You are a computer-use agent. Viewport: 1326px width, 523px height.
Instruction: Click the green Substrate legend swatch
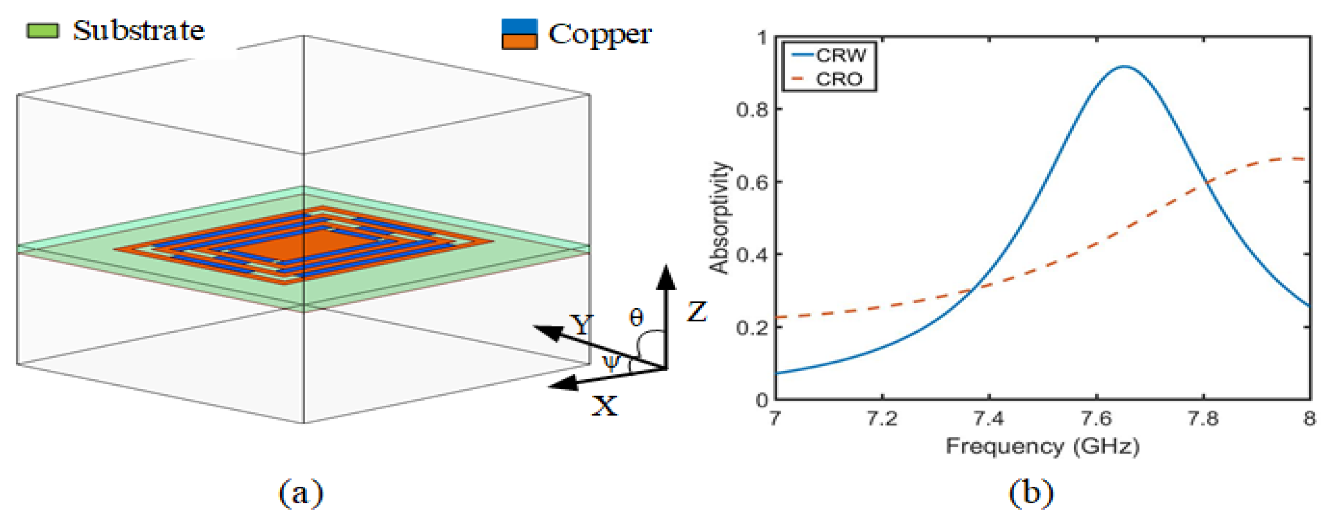(43, 31)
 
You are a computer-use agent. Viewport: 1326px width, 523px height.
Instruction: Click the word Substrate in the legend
(138, 30)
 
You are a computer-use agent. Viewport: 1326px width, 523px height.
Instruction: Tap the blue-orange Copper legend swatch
(519, 34)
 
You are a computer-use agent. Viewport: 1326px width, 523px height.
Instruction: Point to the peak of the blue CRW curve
(1124, 66)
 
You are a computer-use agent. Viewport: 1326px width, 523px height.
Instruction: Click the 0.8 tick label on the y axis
(752, 110)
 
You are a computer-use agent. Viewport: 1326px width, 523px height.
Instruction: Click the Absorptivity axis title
(719, 217)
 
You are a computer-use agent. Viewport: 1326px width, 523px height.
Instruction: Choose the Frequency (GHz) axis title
(1042, 446)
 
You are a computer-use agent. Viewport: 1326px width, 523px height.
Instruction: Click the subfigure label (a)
(301, 493)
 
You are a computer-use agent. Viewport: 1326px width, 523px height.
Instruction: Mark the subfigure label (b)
(1031, 493)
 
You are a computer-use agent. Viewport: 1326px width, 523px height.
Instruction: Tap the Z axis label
(697, 312)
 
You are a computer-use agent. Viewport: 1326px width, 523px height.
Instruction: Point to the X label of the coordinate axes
(604, 406)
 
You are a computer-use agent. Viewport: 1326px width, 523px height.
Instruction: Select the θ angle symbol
(636, 317)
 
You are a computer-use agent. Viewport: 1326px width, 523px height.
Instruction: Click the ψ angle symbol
(611, 363)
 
